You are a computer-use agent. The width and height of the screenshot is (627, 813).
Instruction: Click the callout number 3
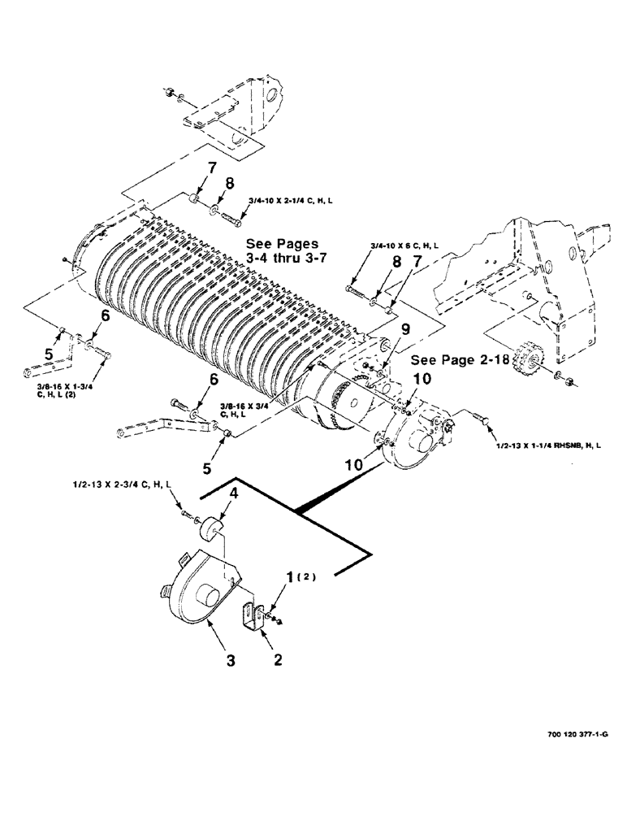click(x=231, y=663)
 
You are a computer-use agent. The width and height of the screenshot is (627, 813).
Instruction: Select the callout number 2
click(x=277, y=662)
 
